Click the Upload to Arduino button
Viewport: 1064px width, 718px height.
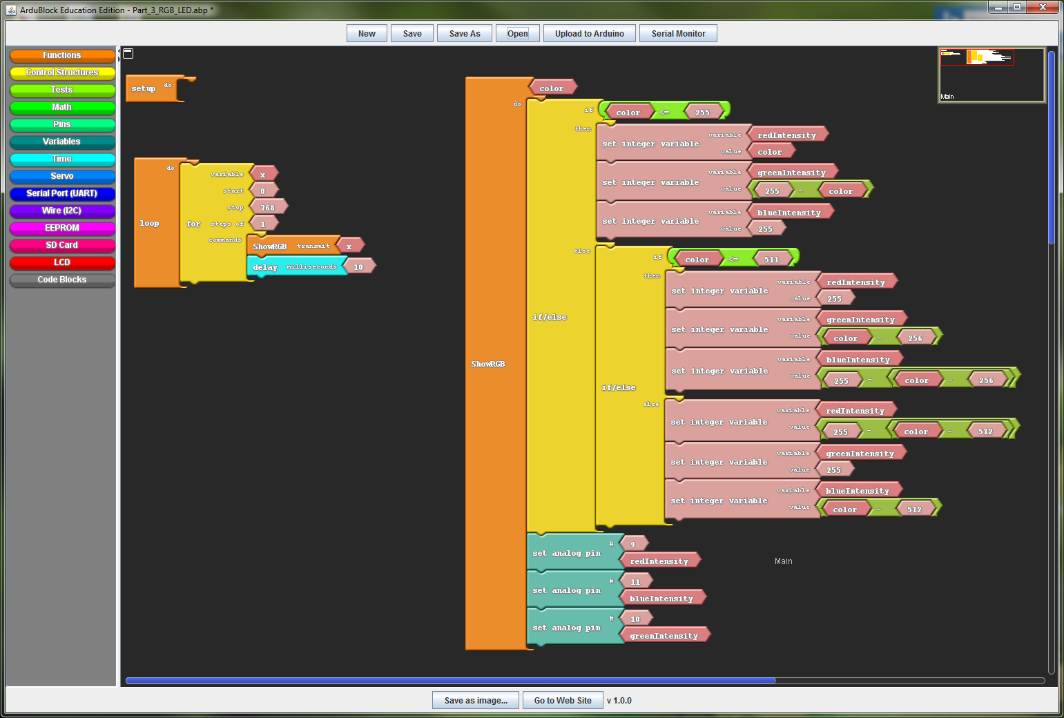tap(589, 33)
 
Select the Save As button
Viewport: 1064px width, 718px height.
tap(464, 33)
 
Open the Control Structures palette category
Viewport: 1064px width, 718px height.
tap(62, 72)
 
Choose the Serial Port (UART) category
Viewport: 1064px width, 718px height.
tap(62, 193)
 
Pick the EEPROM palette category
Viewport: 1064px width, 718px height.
tap(62, 228)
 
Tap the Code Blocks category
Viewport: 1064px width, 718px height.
tap(62, 280)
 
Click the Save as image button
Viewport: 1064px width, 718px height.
tap(476, 700)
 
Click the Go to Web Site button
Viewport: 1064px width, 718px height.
tap(563, 700)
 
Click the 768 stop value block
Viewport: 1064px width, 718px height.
tap(268, 207)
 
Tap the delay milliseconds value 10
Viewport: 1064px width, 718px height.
tap(358, 266)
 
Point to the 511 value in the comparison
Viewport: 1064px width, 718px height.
tap(771, 260)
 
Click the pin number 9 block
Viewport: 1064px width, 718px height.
tap(632, 544)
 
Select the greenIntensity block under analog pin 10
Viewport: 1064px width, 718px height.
tap(664, 635)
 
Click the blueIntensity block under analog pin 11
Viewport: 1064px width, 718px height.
tap(661, 598)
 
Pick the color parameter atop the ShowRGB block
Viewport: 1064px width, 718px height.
tap(551, 88)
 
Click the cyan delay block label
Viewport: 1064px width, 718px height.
tap(265, 267)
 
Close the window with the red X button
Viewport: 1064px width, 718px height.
tap(1043, 7)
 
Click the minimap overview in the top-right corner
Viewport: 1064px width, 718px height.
tap(992, 75)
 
